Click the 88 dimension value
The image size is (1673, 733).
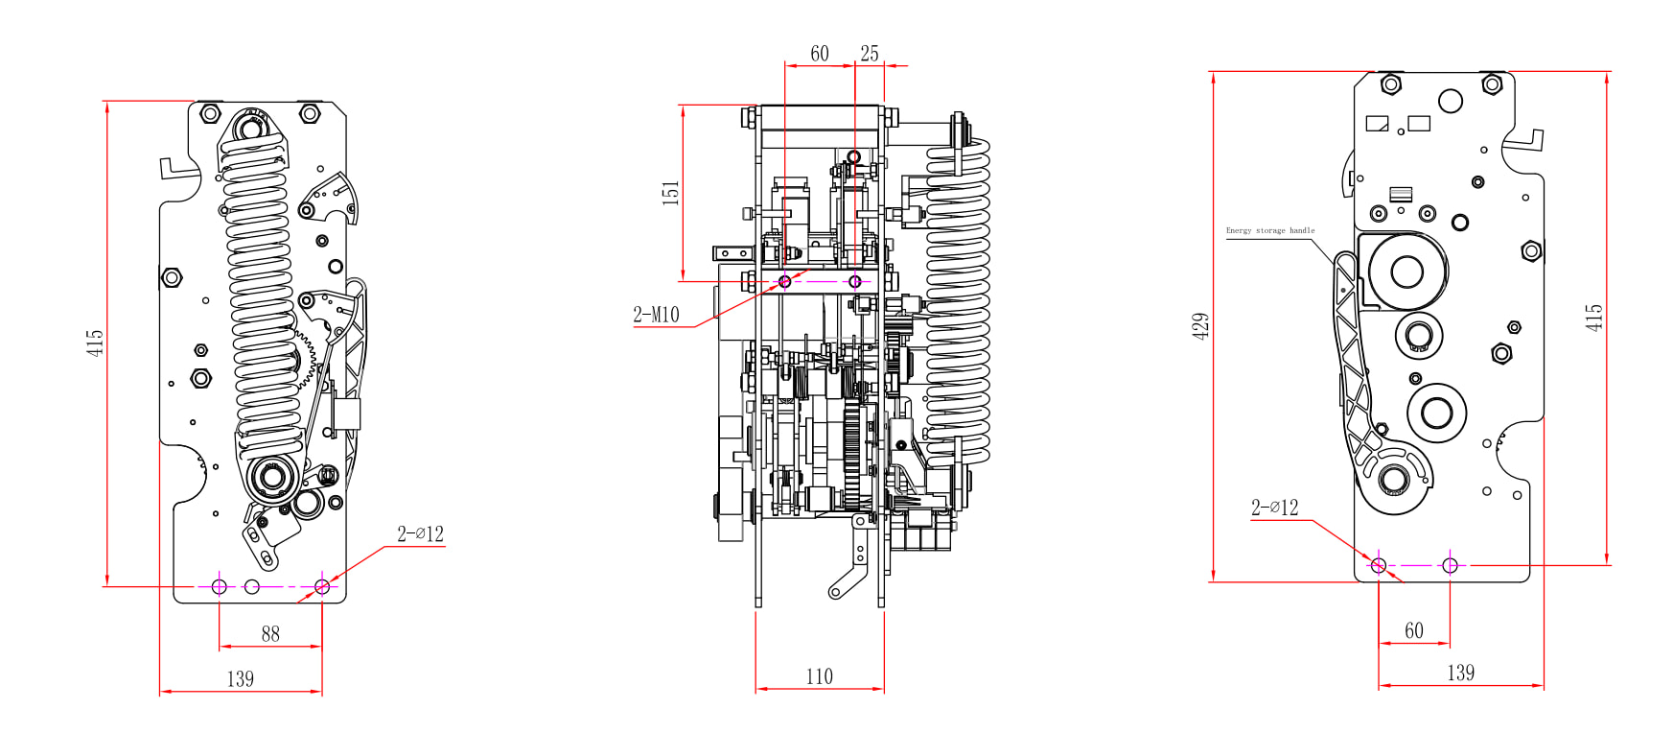pyautogui.click(x=270, y=634)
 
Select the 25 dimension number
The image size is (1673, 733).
pyautogui.click(x=870, y=54)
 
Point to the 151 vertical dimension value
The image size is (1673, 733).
pyautogui.click(x=671, y=192)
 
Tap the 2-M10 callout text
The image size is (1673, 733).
pyautogui.click(x=656, y=315)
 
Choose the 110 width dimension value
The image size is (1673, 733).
pyautogui.click(x=820, y=676)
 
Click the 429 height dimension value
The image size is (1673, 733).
pyautogui.click(x=1200, y=326)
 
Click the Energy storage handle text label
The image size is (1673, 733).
pyautogui.click(x=1270, y=230)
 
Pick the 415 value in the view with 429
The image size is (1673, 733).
pyautogui.click(x=1593, y=318)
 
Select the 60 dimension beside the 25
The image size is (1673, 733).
pyautogui.click(x=820, y=54)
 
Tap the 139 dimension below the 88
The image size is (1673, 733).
pyautogui.click(x=241, y=679)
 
